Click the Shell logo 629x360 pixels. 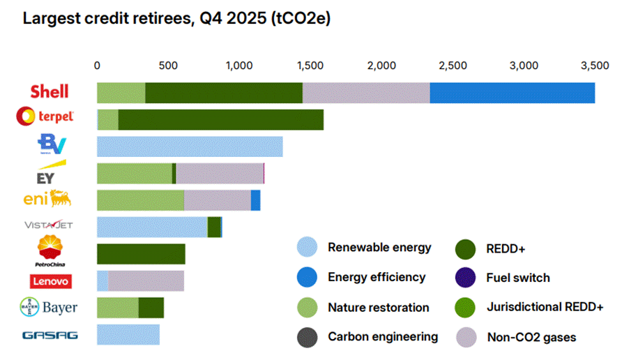(x=49, y=91)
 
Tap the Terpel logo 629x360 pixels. (x=45, y=117)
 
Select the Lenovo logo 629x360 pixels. (x=50, y=281)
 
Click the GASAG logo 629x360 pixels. (x=50, y=335)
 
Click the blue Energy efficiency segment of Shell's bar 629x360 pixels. (x=512, y=93)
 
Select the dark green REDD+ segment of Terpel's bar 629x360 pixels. (x=220, y=119)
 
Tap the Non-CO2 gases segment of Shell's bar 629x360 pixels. (x=365, y=93)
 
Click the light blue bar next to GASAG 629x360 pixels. (x=128, y=335)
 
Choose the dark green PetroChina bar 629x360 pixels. (x=141, y=254)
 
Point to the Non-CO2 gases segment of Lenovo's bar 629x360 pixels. (x=146, y=281)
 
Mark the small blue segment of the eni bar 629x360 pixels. (x=255, y=200)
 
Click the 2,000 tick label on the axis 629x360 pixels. (x=381, y=66)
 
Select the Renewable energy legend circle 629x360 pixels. (x=308, y=248)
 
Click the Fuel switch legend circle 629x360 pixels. (x=466, y=278)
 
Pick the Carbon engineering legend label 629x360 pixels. (x=383, y=337)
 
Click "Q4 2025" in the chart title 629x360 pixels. (x=238, y=19)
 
